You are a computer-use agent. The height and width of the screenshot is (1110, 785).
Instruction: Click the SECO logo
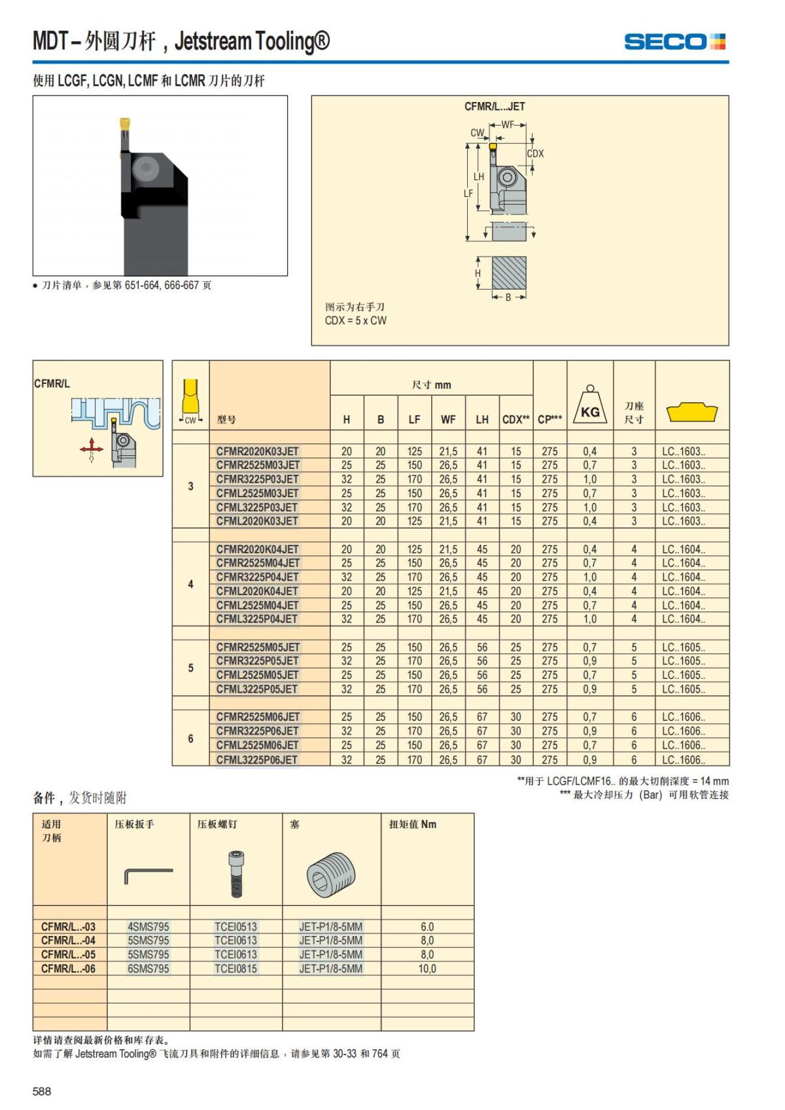click(x=674, y=42)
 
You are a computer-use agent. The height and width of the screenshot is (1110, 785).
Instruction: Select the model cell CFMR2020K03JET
click(x=257, y=451)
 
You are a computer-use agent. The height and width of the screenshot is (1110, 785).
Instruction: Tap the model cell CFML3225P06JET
click(x=257, y=759)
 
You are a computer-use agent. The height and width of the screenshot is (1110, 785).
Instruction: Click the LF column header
click(x=414, y=419)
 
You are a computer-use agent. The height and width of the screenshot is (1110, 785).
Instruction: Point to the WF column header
click(x=448, y=419)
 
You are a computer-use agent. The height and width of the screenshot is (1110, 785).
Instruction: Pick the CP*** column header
click(x=549, y=419)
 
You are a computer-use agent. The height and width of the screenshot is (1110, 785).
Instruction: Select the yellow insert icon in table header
click(x=691, y=412)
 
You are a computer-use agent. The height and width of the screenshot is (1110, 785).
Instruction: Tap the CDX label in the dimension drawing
click(x=535, y=154)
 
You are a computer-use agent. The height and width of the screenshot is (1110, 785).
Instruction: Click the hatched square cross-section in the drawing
click(x=509, y=273)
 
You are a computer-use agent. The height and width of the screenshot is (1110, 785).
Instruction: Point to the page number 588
click(x=42, y=1091)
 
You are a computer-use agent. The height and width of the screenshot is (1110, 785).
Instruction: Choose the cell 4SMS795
click(x=148, y=926)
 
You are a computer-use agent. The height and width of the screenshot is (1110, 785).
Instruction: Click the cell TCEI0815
click(x=235, y=969)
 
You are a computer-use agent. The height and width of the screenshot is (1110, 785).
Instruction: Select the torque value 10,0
click(x=427, y=969)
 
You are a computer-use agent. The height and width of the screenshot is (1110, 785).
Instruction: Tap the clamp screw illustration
click(x=235, y=873)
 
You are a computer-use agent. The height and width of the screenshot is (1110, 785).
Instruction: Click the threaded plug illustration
click(x=331, y=875)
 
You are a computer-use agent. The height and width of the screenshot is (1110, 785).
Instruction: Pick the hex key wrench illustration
click(x=148, y=875)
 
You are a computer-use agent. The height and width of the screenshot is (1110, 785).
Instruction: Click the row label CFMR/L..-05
click(x=68, y=954)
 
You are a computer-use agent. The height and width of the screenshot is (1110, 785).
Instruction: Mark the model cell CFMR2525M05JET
click(x=258, y=647)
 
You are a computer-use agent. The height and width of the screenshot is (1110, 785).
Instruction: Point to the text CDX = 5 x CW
click(x=355, y=321)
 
